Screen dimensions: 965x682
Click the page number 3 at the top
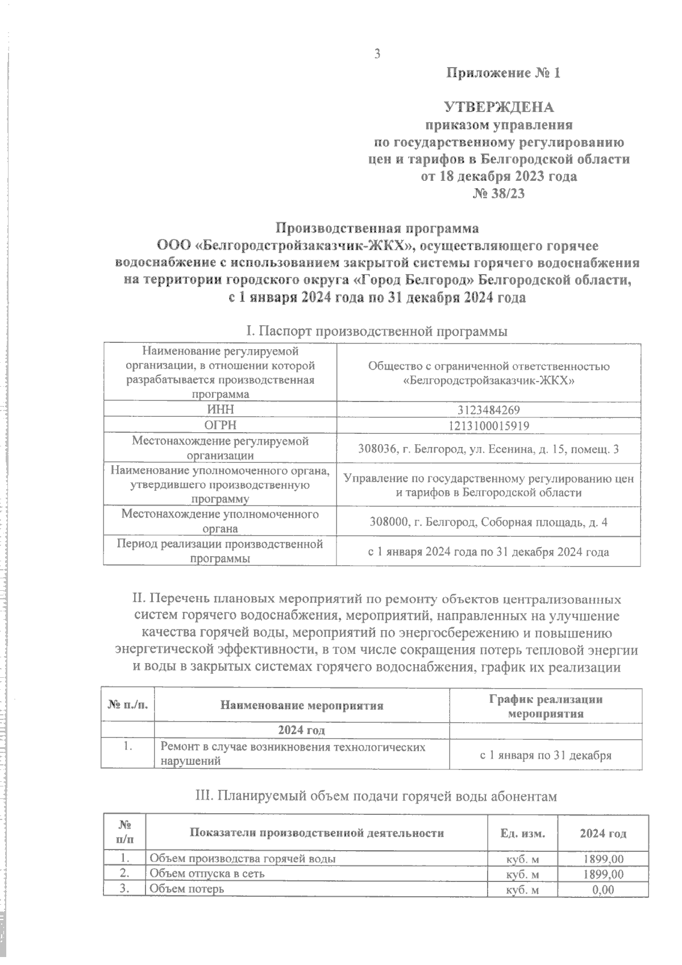tap(376, 54)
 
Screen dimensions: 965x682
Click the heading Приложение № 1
tap(504, 73)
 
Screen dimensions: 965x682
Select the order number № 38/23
tap(498, 194)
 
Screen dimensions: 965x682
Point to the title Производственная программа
tap(377, 228)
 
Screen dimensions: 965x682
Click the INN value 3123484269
tap(489, 410)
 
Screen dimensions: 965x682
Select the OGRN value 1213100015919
tap(489, 425)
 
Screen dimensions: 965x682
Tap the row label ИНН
tap(219, 410)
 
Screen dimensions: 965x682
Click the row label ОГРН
tap(219, 425)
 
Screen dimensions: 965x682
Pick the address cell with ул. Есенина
tap(489, 449)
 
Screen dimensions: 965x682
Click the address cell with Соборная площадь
tap(489, 522)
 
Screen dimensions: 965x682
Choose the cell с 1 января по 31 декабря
tap(546, 756)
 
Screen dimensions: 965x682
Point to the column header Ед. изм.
tap(523, 834)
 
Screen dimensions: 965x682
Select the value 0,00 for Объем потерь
tap(603, 890)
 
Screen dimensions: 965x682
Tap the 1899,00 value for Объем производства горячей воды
tap(603, 859)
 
